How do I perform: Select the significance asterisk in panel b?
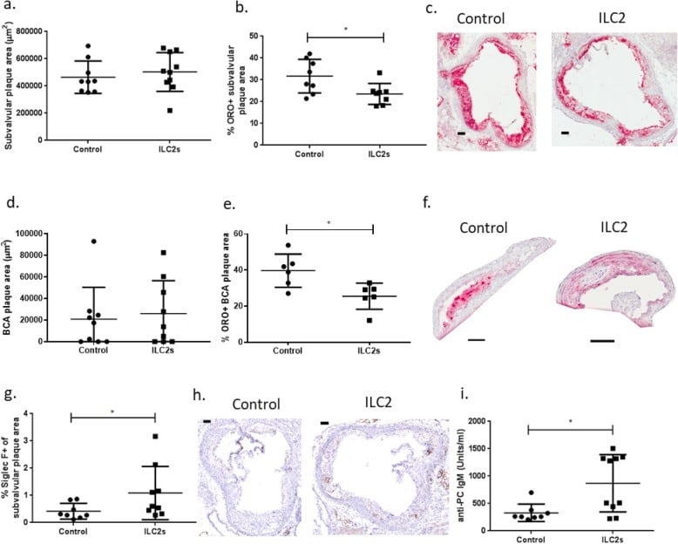[x=345, y=30]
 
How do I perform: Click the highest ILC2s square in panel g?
[x=155, y=436]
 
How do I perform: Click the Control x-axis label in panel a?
[x=88, y=148]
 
